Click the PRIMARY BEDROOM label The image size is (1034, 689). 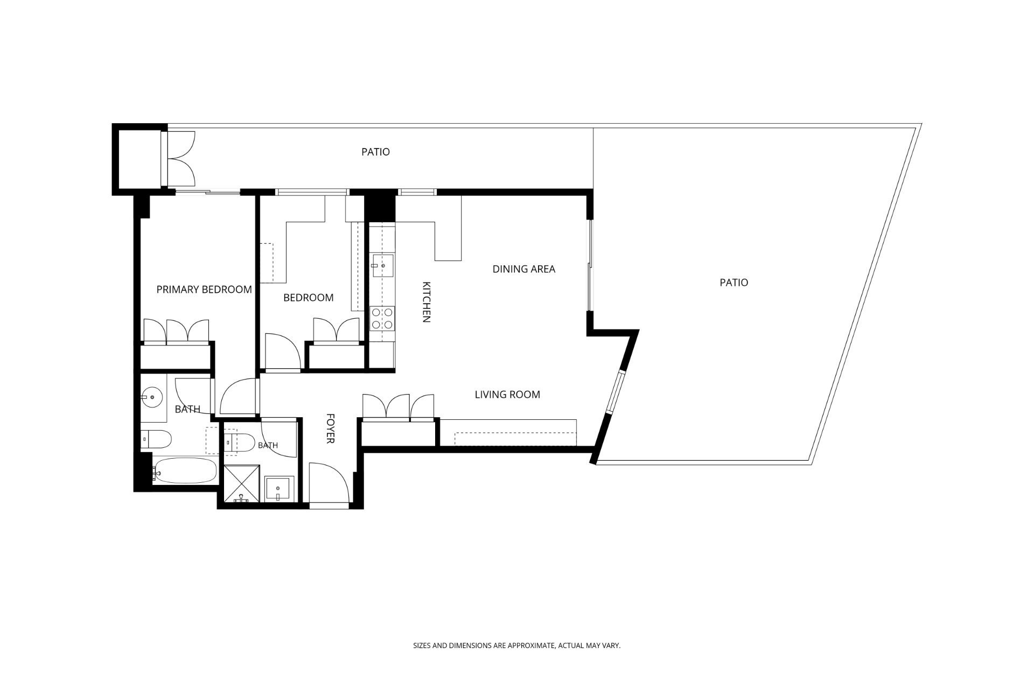pyautogui.click(x=204, y=290)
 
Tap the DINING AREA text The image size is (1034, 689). pyautogui.click(x=523, y=269)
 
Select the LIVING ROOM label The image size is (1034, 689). pyautogui.click(x=507, y=395)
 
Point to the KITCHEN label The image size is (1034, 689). pyautogui.click(x=426, y=302)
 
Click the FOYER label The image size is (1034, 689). pyautogui.click(x=331, y=428)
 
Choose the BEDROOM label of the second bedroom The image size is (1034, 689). pyautogui.click(x=308, y=298)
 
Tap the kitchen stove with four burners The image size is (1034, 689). pyautogui.click(x=382, y=318)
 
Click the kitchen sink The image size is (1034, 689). pyautogui.click(x=382, y=265)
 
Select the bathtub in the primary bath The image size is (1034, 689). pyautogui.click(x=185, y=472)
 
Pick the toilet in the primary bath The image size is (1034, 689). pyautogui.click(x=156, y=439)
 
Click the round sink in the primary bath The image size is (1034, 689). pyautogui.click(x=153, y=397)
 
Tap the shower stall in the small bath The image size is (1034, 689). pyautogui.click(x=242, y=484)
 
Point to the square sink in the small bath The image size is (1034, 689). pyautogui.click(x=280, y=489)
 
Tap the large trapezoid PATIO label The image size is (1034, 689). pyautogui.click(x=734, y=283)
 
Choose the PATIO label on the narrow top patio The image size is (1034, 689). pyautogui.click(x=375, y=152)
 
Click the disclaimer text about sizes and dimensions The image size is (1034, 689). pyautogui.click(x=516, y=645)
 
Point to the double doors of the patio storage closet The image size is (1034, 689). pyautogui.click(x=181, y=158)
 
